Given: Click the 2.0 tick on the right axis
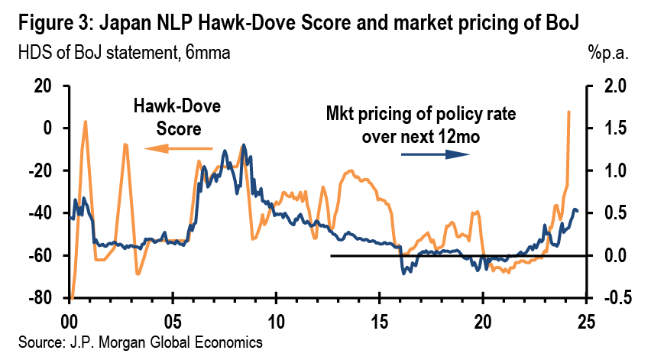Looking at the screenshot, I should pos(608,86).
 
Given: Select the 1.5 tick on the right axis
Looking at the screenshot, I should pos(608,128).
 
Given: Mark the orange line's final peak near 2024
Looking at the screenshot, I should pos(568,112).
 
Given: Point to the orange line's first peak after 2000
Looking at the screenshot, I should pos(85,121).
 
